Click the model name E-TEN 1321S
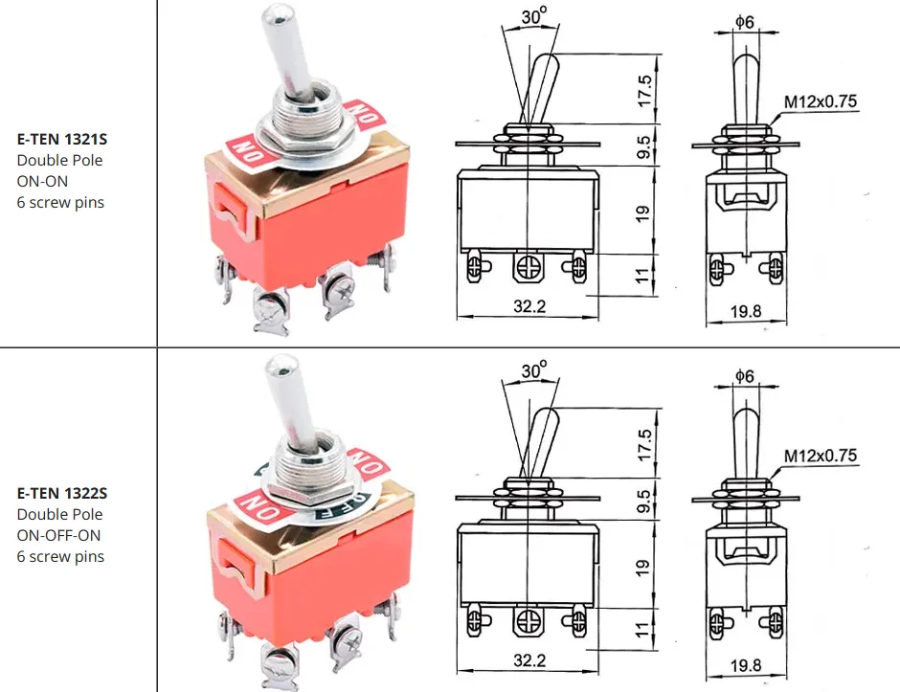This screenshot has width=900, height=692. pos(62,140)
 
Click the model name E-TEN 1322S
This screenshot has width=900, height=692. pos(62,494)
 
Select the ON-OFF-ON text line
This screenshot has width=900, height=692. pos(58,535)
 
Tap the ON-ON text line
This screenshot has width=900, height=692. pos(42,181)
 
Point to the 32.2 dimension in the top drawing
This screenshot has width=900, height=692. pos(529,306)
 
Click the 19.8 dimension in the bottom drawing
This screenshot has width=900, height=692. pos(746,665)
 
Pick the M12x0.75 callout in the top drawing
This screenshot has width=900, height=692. pos(821,101)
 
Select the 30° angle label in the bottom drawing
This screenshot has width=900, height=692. pos(534,370)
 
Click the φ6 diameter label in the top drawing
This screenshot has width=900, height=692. pos(745,22)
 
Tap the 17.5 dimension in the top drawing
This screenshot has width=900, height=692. pos(644,90)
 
